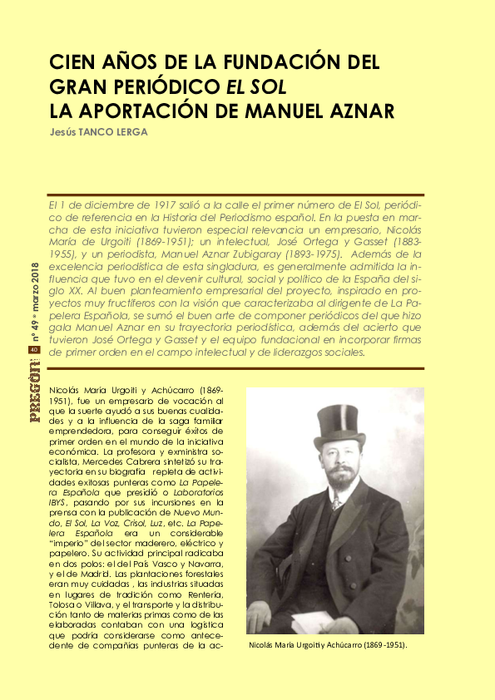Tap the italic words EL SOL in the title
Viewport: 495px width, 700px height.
(x=257, y=86)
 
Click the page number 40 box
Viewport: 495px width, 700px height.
(x=34, y=350)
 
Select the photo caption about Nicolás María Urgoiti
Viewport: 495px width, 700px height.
(x=333, y=644)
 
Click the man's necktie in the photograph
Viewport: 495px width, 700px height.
(x=336, y=503)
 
